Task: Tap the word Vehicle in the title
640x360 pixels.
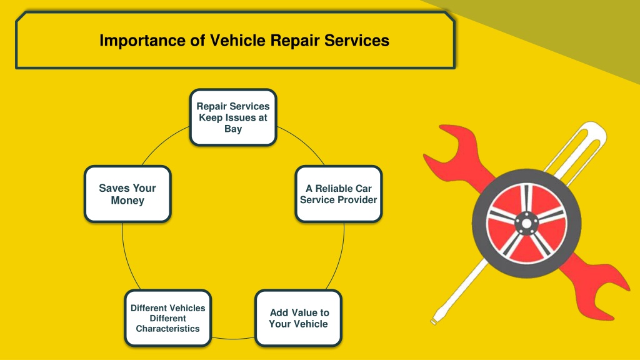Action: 237,41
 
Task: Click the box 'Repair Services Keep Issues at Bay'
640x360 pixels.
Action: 233,117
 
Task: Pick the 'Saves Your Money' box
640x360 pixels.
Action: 127,194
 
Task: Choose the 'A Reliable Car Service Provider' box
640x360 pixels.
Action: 338,194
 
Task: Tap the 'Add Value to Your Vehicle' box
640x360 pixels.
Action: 298,318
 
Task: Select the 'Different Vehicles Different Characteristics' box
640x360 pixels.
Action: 167,318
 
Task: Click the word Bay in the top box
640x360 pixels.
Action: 233,129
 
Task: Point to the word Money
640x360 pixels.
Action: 127,201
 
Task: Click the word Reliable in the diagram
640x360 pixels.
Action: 334,189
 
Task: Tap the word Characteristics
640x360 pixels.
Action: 167,329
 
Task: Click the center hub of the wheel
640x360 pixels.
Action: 526,224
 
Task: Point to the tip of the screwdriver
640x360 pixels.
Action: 434,322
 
